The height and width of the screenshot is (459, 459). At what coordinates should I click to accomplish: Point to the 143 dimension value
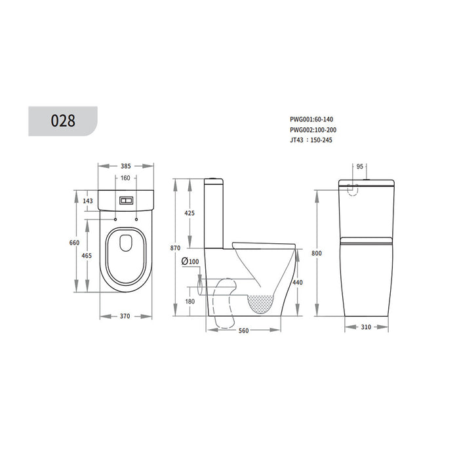[x=89, y=201]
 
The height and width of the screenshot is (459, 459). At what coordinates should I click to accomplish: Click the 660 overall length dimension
[x=75, y=243]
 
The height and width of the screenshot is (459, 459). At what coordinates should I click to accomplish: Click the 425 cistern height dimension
[x=190, y=213]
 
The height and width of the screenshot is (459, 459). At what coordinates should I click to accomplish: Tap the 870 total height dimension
[x=174, y=248]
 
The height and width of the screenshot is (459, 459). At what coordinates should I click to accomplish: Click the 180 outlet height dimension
[x=190, y=302]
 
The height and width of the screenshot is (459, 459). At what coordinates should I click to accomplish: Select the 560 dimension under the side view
[x=244, y=331]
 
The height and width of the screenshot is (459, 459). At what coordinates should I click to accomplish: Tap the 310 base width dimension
[x=367, y=326]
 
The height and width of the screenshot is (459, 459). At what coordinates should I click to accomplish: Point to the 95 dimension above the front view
[x=359, y=167]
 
